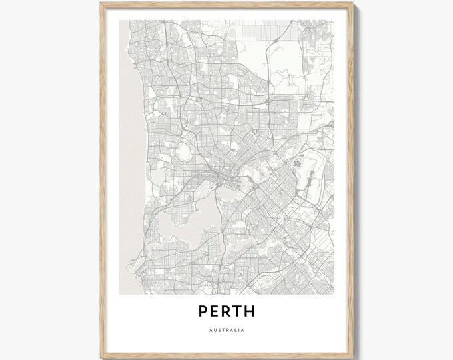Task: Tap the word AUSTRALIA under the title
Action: point(226,331)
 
